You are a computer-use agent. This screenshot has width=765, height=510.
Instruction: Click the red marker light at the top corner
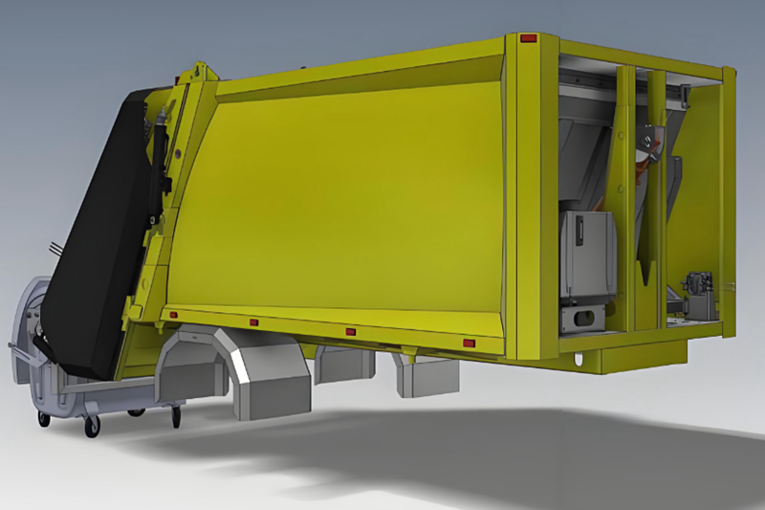click(x=528, y=39)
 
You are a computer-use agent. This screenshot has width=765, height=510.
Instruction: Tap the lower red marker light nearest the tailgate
click(x=173, y=314)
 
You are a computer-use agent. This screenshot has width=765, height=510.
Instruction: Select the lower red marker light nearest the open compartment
click(x=469, y=343)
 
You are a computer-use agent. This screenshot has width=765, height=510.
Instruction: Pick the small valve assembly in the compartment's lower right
click(x=696, y=286)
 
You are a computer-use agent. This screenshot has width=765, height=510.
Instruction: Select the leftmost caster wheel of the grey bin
click(x=43, y=419)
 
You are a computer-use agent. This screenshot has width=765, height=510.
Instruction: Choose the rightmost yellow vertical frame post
click(x=729, y=201)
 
